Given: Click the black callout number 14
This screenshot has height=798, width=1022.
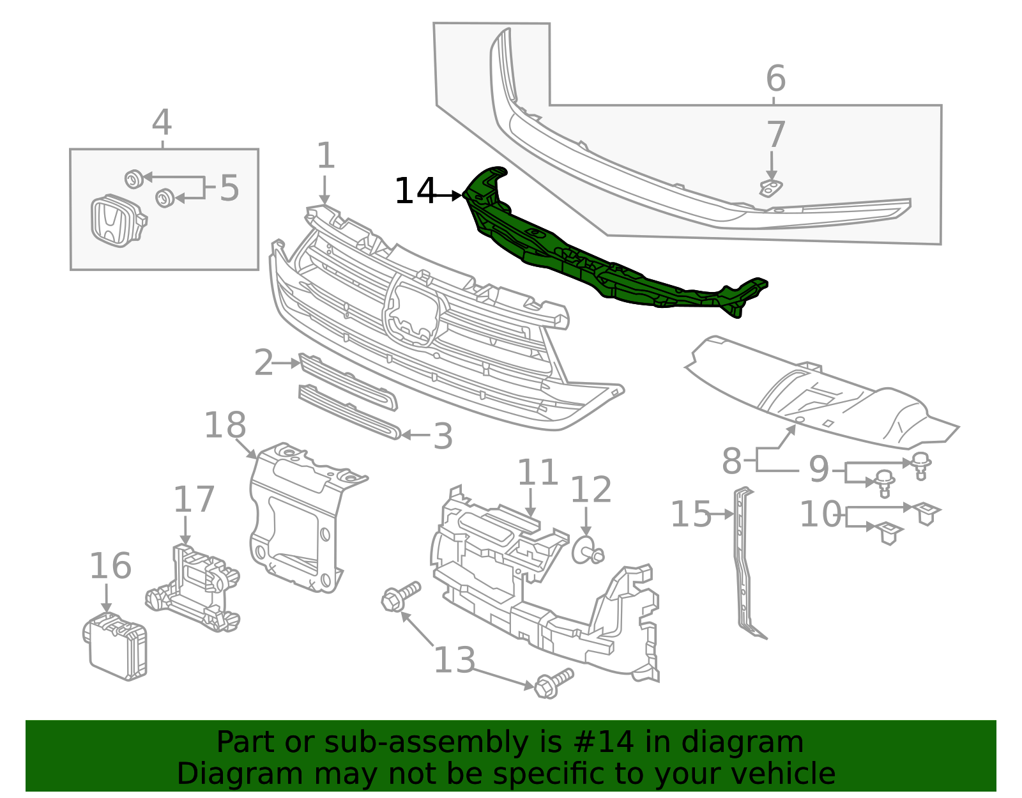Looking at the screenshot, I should pyautogui.click(x=415, y=191).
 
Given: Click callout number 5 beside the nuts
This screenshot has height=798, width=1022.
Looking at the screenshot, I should pyautogui.click(x=229, y=188).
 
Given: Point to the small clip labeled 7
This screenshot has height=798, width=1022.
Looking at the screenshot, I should pyautogui.click(x=771, y=188).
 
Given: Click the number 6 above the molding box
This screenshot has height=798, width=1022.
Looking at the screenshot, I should pyautogui.click(x=775, y=79).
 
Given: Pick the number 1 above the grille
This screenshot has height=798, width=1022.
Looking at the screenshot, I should pyautogui.click(x=326, y=156).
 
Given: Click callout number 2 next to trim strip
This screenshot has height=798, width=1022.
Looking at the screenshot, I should pyautogui.click(x=263, y=363).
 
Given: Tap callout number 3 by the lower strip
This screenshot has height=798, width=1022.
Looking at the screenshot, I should pyautogui.click(x=443, y=437).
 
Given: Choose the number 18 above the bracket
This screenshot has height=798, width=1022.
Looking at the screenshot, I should pyautogui.click(x=225, y=426).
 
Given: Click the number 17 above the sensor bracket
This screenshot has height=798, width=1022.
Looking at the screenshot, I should pyautogui.click(x=194, y=500).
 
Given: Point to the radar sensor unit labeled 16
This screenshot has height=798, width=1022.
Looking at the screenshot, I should pyautogui.click(x=116, y=645).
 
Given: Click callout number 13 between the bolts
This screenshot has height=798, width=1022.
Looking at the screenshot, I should pyautogui.click(x=454, y=660).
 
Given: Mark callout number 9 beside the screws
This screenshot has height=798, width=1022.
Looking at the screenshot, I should pyautogui.click(x=818, y=470).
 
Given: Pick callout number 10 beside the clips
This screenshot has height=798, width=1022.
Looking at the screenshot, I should pyautogui.click(x=820, y=514).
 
